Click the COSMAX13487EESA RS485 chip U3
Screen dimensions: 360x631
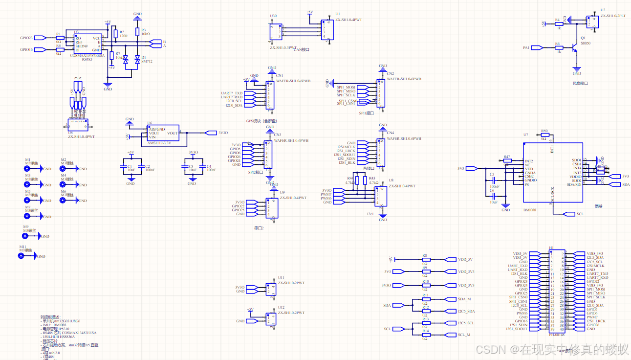coord(87,44)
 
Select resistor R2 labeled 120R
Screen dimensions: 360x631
coord(115,33)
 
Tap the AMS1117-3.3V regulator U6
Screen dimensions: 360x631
coord(163,134)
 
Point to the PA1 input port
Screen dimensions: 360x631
coord(537,48)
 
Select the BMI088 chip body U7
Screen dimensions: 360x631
coord(552,172)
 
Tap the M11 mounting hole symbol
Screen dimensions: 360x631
coord(22,256)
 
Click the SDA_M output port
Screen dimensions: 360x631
coord(450,299)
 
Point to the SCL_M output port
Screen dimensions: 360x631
coord(450,335)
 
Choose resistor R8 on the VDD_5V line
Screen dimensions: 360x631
coord(425,260)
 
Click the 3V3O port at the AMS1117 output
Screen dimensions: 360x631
coord(211,133)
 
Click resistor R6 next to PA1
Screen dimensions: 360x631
coord(558,48)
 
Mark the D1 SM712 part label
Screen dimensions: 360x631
coord(147,62)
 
